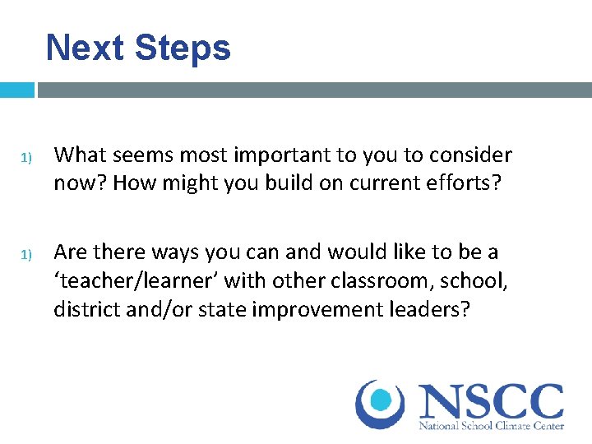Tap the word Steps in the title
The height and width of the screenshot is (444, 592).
[182, 48]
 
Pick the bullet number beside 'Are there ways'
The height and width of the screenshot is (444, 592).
[25, 254]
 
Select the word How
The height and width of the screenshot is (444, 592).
[132, 182]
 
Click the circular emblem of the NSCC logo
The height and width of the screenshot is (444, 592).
[379, 404]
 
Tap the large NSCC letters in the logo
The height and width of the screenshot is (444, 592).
[491, 400]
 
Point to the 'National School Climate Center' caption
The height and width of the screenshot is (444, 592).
[491, 427]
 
